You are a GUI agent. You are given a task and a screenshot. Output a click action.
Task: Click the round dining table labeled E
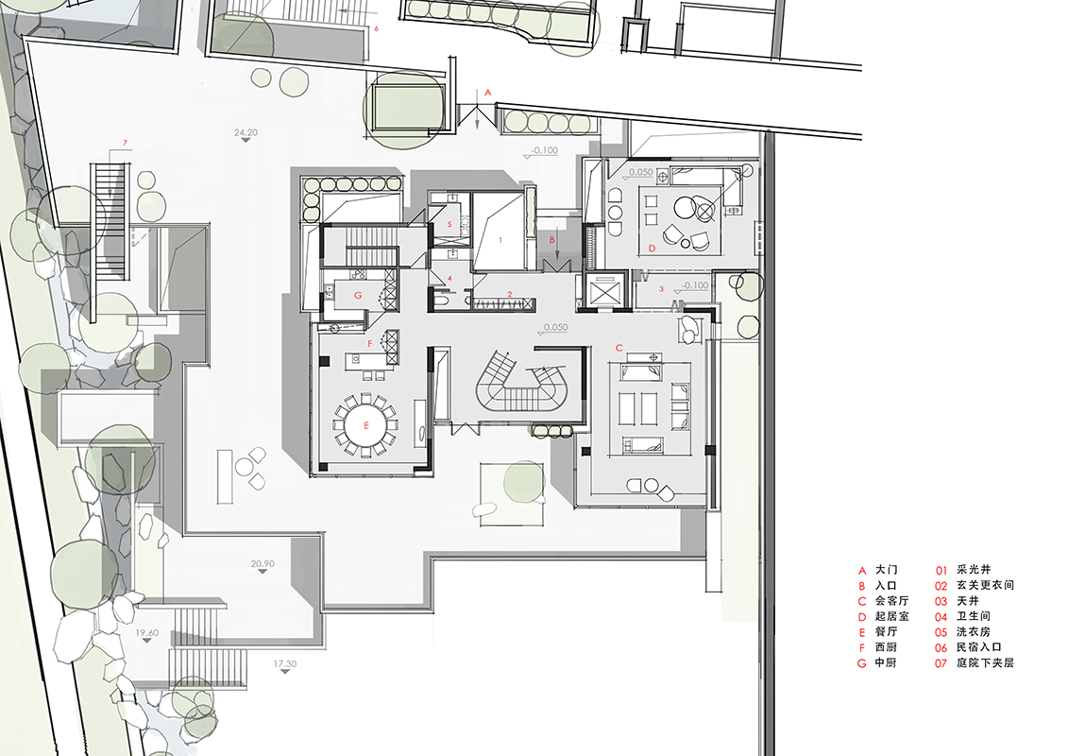[365, 425]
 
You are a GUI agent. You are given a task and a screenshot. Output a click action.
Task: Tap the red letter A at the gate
[487, 92]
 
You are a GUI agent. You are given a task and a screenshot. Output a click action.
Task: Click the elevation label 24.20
[246, 132]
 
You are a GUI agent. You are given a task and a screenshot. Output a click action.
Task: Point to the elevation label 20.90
[263, 564]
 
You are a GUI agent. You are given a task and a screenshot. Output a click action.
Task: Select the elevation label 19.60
[147, 632]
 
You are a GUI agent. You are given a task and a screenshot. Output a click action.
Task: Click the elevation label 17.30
[285, 663]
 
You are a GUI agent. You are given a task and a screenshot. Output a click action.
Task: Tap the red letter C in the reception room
[619, 348]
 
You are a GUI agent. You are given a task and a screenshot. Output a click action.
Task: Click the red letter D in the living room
[652, 249]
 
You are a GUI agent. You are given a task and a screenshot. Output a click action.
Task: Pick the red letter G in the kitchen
[358, 295]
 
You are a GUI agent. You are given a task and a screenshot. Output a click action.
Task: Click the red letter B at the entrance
[552, 240]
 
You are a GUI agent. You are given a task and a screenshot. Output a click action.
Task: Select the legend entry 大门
[886, 570]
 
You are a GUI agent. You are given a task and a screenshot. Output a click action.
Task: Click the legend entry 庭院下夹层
[985, 662]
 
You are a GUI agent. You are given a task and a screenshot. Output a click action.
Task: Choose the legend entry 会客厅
[891, 601]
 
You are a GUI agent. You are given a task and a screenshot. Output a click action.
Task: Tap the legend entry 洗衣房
[974, 632]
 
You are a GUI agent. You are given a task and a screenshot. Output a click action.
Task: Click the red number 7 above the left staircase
[125, 143]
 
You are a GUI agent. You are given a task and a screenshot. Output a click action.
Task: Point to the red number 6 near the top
[376, 28]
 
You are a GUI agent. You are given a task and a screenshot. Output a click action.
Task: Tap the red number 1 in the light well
[500, 240]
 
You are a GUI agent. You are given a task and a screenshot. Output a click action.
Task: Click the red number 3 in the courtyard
[661, 289]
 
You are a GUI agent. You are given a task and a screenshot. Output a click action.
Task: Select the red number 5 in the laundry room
[449, 224]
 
